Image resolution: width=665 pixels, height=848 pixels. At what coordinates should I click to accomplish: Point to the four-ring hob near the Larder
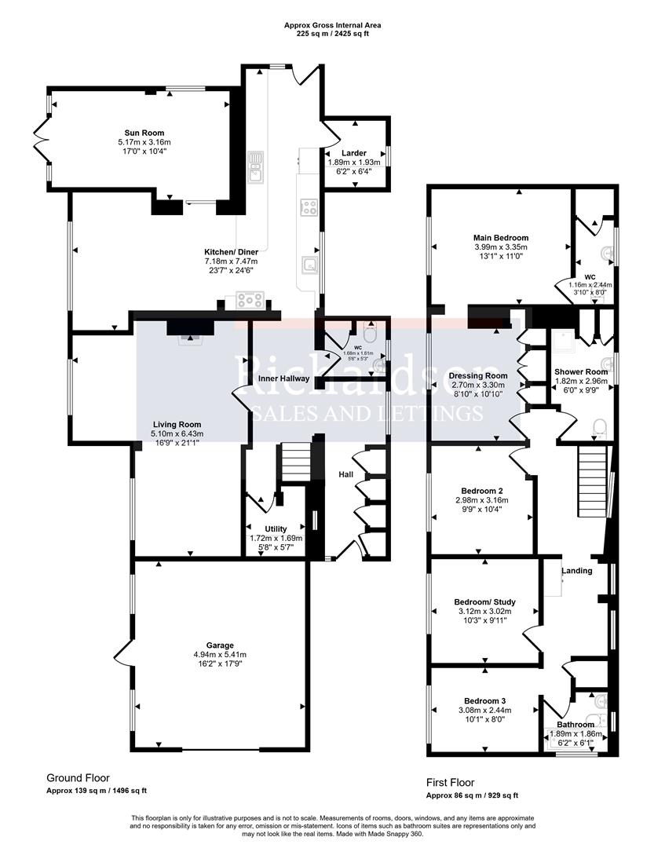coord(309,207)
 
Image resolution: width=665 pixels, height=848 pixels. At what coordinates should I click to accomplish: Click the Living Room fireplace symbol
coord(188,338)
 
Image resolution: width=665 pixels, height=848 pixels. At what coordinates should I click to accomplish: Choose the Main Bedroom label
coord(500,237)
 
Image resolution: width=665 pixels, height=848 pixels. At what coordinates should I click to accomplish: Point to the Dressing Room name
coord(478,376)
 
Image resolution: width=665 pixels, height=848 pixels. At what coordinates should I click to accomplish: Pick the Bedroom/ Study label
coord(484,601)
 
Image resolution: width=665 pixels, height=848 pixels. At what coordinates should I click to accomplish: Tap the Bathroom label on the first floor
coord(575,725)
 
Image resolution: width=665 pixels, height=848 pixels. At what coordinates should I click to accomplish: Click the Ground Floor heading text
coord(78,778)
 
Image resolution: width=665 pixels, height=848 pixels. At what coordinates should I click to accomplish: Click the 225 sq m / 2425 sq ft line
coord(332,35)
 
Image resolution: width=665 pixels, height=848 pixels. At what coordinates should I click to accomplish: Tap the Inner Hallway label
coord(283,379)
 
